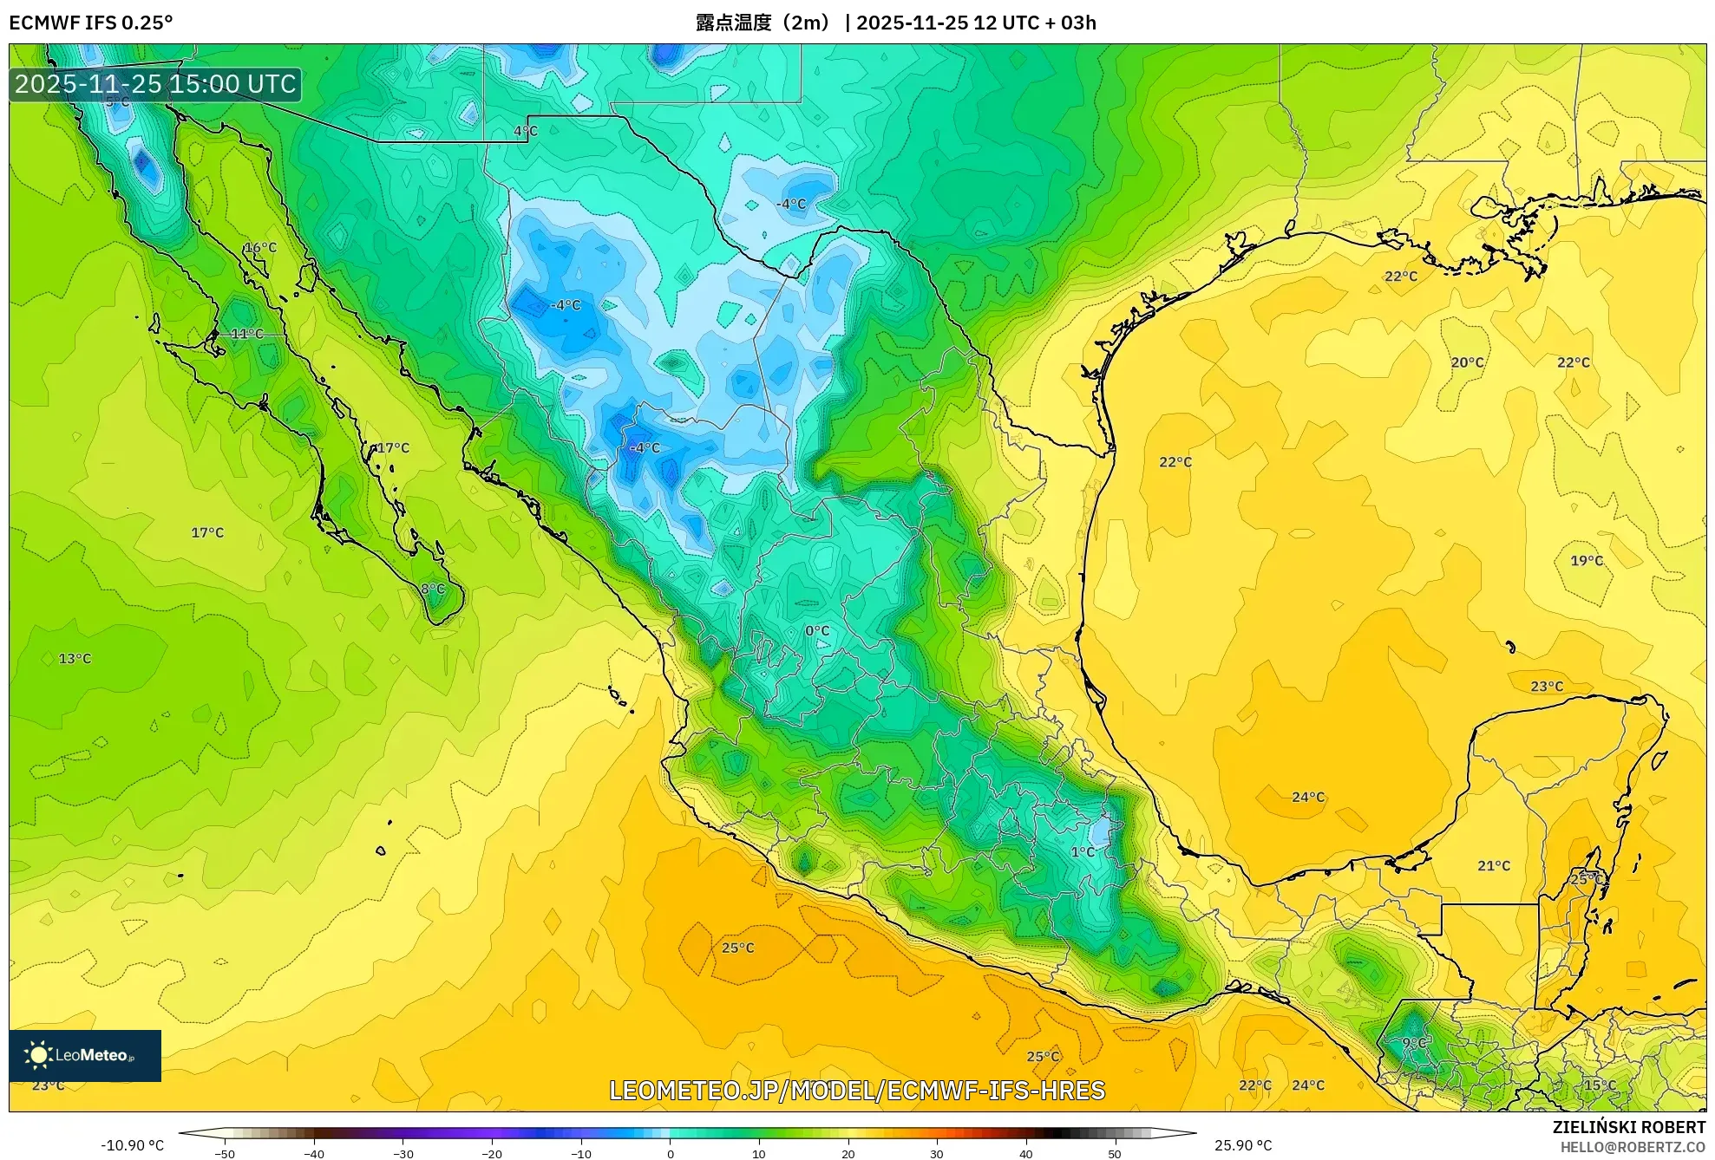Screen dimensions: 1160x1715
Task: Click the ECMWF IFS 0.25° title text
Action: (90, 23)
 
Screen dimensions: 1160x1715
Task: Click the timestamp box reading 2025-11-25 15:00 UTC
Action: (155, 84)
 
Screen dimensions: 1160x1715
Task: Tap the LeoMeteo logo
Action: (85, 1055)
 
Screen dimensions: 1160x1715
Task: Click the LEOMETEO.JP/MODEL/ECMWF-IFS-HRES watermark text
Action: (857, 1091)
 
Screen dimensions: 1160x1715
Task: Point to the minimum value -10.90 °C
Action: (132, 1145)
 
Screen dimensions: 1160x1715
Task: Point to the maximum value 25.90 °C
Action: (1243, 1145)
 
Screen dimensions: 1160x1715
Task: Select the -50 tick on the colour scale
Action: (225, 1153)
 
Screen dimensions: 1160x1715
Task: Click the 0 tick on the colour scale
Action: (670, 1153)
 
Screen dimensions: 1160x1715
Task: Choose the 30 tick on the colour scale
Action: (937, 1153)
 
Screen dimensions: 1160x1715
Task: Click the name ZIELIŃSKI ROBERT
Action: (1628, 1127)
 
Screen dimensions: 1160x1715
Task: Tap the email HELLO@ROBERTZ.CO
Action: (1633, 1147)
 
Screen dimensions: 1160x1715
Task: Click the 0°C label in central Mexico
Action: (817, 631)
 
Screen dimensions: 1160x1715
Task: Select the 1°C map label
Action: (1083, 852)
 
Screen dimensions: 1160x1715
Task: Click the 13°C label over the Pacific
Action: (75, 659)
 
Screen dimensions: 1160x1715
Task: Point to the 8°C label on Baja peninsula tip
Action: (433, 590)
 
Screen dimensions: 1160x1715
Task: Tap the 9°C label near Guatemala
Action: (1415, 1043)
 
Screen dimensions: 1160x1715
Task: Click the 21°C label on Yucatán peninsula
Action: (1494, 866)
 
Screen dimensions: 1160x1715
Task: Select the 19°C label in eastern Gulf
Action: (1587, 561)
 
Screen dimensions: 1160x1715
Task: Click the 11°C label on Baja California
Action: (247, 334)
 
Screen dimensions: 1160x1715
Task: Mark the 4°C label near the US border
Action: (526, 132)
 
